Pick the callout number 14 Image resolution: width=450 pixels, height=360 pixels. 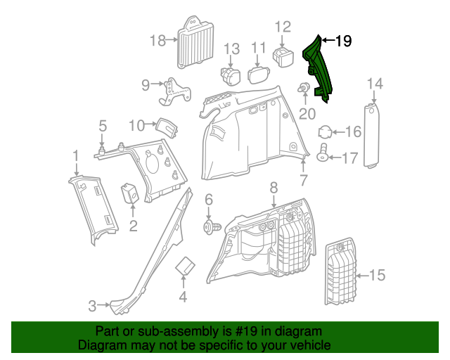click(375, 84)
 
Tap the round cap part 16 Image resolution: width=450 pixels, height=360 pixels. click(326, 132)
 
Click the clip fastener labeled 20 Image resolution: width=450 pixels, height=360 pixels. click(305, 89)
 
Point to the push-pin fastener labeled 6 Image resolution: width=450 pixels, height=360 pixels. click(210, 226)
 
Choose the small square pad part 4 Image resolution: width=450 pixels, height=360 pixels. click(185, 268)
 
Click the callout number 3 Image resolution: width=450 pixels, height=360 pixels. click(92, 306)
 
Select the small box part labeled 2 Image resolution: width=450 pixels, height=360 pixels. click(130, 193)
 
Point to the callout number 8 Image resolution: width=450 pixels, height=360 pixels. click(274, 188)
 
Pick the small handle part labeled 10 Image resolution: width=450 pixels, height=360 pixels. click(166, 127)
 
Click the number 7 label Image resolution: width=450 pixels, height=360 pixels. click(303, 181)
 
